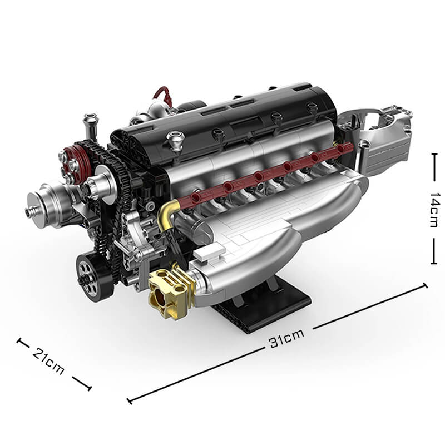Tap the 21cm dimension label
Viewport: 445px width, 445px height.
pyautogui.click(x=49, y=360)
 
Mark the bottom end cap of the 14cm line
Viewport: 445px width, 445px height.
pyautogui.click(x=434, y=263)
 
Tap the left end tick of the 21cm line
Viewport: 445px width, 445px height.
pyautogui.click(x=19, y=340)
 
